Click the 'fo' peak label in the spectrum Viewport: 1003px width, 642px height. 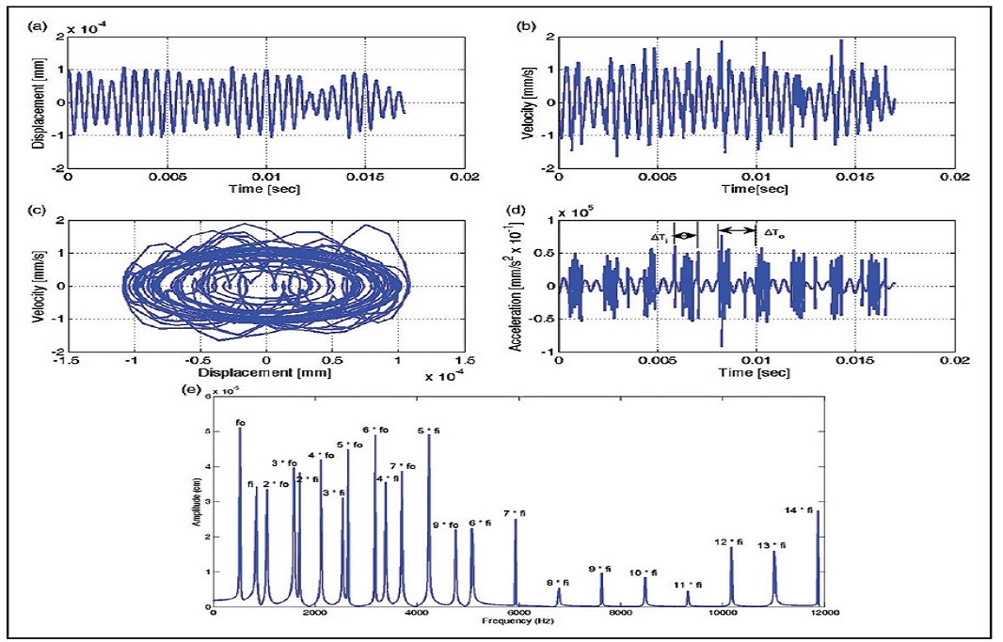coord(241,422)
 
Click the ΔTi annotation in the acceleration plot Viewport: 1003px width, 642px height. coord(661,238)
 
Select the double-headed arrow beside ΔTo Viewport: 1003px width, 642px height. coord(737,230)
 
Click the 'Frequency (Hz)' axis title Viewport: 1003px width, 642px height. coord(512,622)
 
